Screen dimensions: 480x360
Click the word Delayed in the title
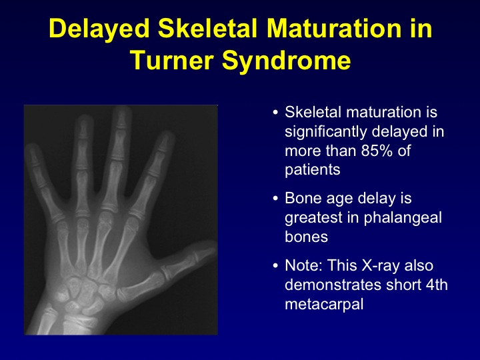point(99,29)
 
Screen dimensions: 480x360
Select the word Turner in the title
point(171,60)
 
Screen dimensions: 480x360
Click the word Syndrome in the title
point(286,61)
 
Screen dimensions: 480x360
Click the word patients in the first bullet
point(313,169)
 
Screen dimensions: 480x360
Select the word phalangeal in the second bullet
point(403,217)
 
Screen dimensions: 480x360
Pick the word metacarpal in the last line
point(324,304)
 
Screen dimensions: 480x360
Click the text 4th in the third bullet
point(437,285)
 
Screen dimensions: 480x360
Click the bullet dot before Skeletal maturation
point(275,113)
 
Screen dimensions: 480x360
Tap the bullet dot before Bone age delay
point(275,199)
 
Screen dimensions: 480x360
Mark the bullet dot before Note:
point(275,265)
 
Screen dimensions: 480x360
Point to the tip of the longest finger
point(122,108)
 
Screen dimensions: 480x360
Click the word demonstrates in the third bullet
point(333,285)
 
